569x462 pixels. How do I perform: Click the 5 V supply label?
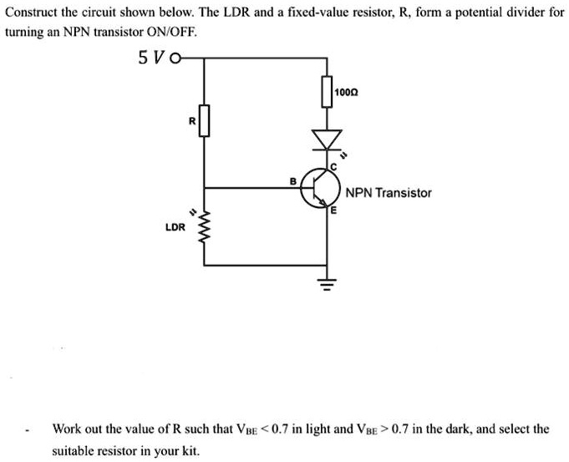coord(150,58)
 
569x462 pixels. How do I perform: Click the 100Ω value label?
coord(346,90)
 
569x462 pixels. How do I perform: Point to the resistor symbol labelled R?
coord(203,120)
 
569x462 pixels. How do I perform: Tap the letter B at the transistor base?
coord(293,180)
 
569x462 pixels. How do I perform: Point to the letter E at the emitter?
coord(332,211)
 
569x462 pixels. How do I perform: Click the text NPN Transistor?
coord(389,193)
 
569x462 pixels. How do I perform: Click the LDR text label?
coord(175,226)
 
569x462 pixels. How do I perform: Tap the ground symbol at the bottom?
coord(327,283)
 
